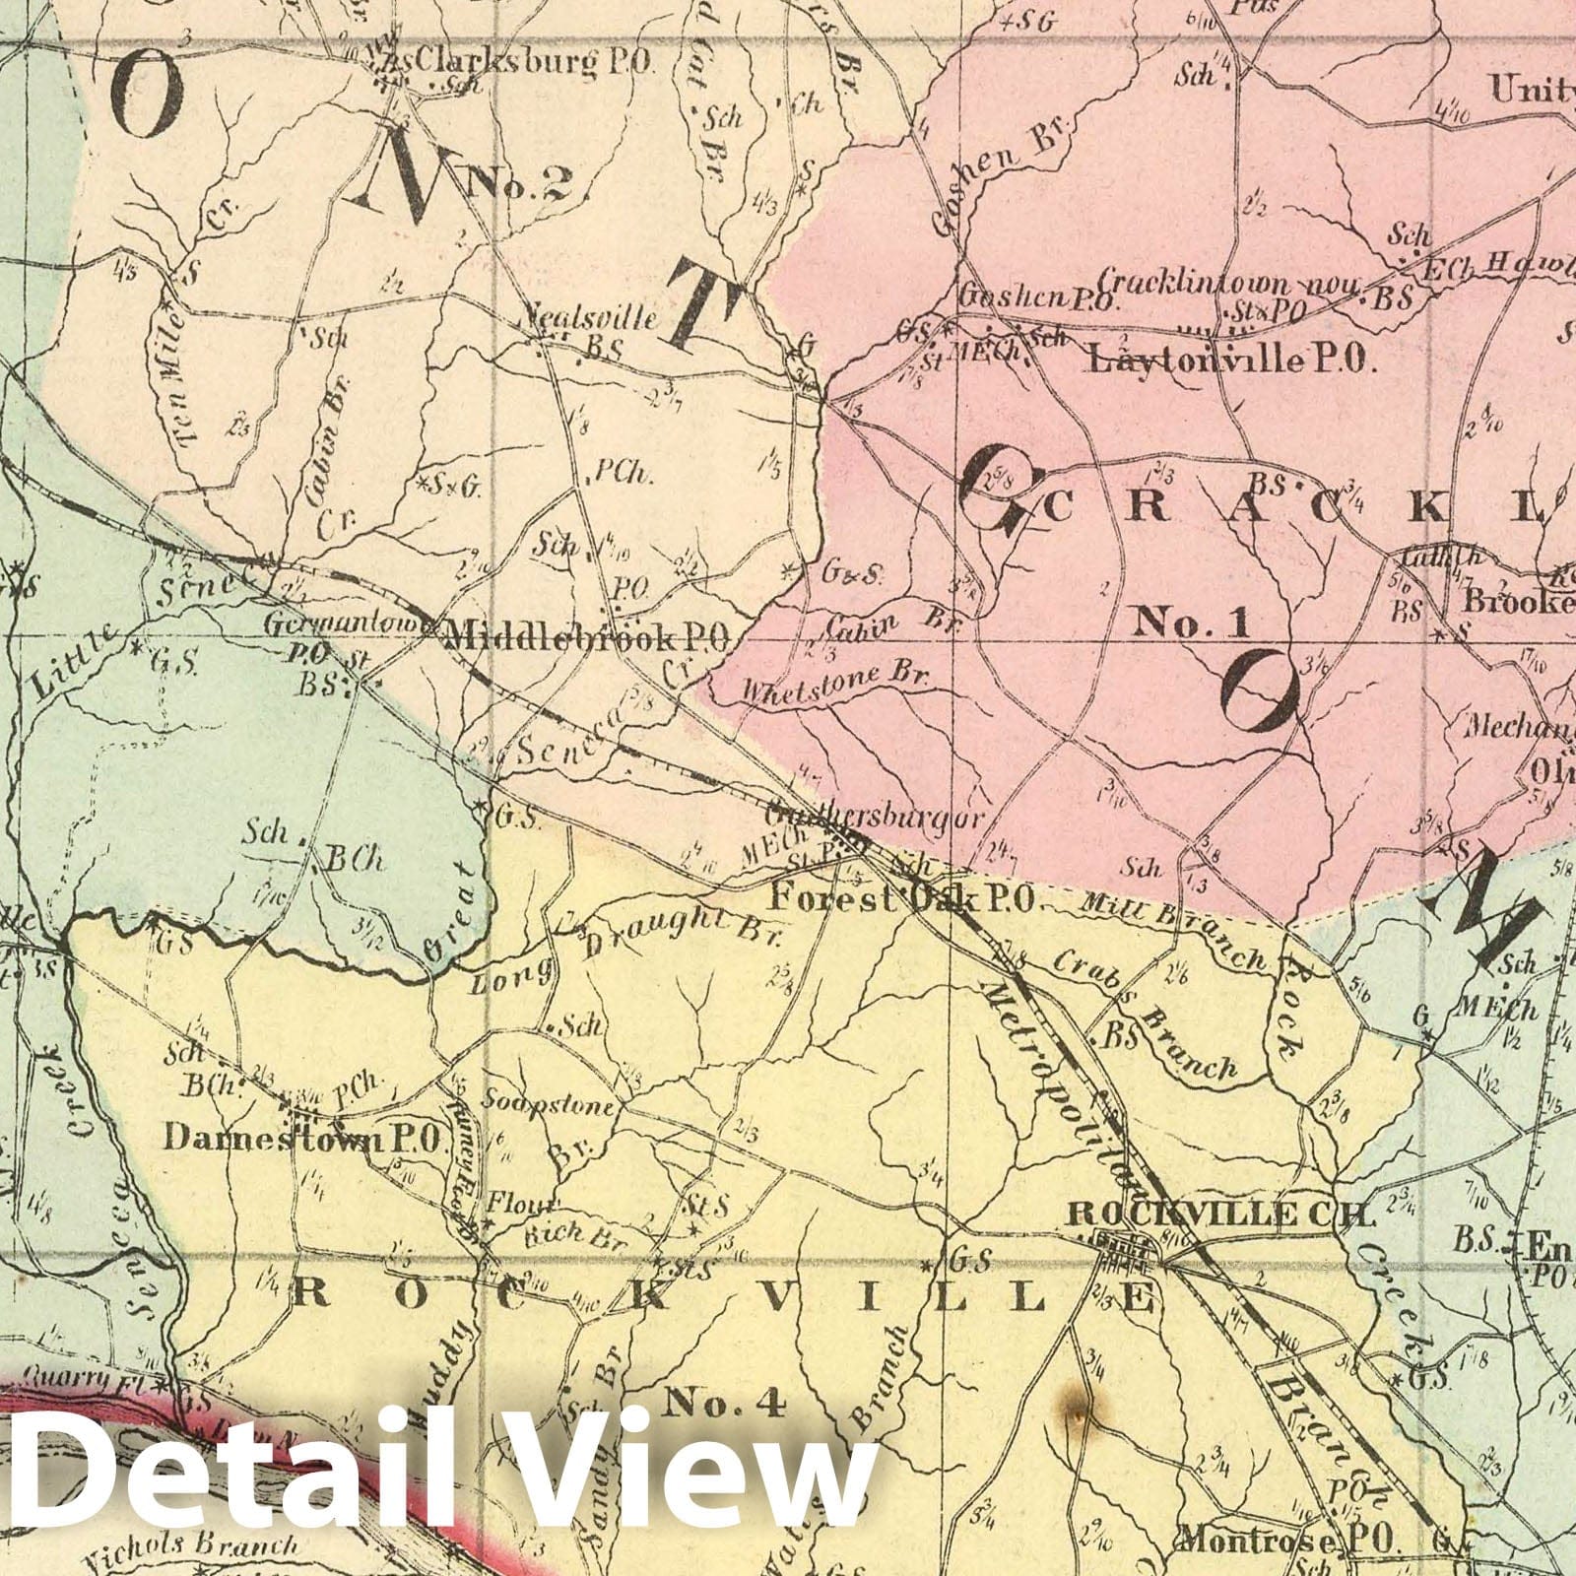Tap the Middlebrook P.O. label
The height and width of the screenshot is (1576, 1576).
pos(585,638)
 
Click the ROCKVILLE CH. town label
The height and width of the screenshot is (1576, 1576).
pos(1220,1215)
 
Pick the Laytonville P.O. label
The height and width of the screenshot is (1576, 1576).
pos(1230,361)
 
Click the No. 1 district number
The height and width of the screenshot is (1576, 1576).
pos(1191,622)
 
